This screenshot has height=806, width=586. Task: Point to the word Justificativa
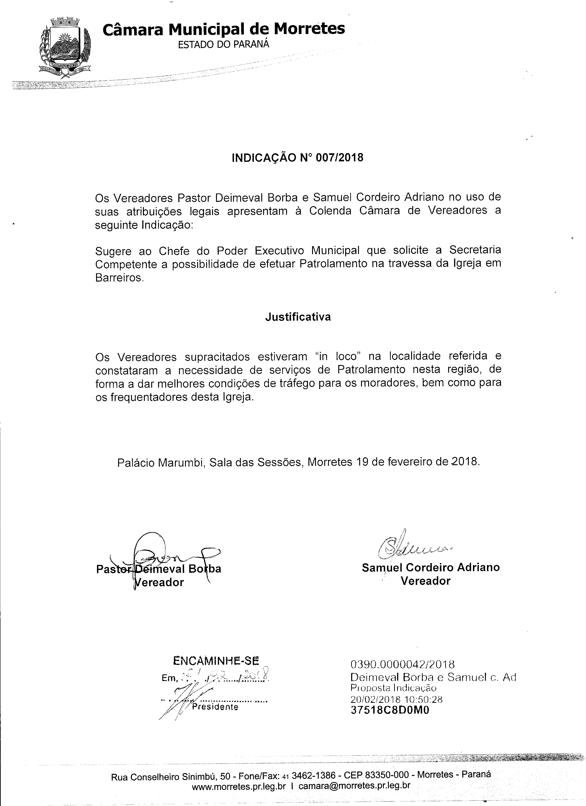coord(298,317)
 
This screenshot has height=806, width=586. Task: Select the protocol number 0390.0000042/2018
coord(403,664)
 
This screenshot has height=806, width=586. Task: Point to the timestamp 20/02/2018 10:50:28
coord(396,699)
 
